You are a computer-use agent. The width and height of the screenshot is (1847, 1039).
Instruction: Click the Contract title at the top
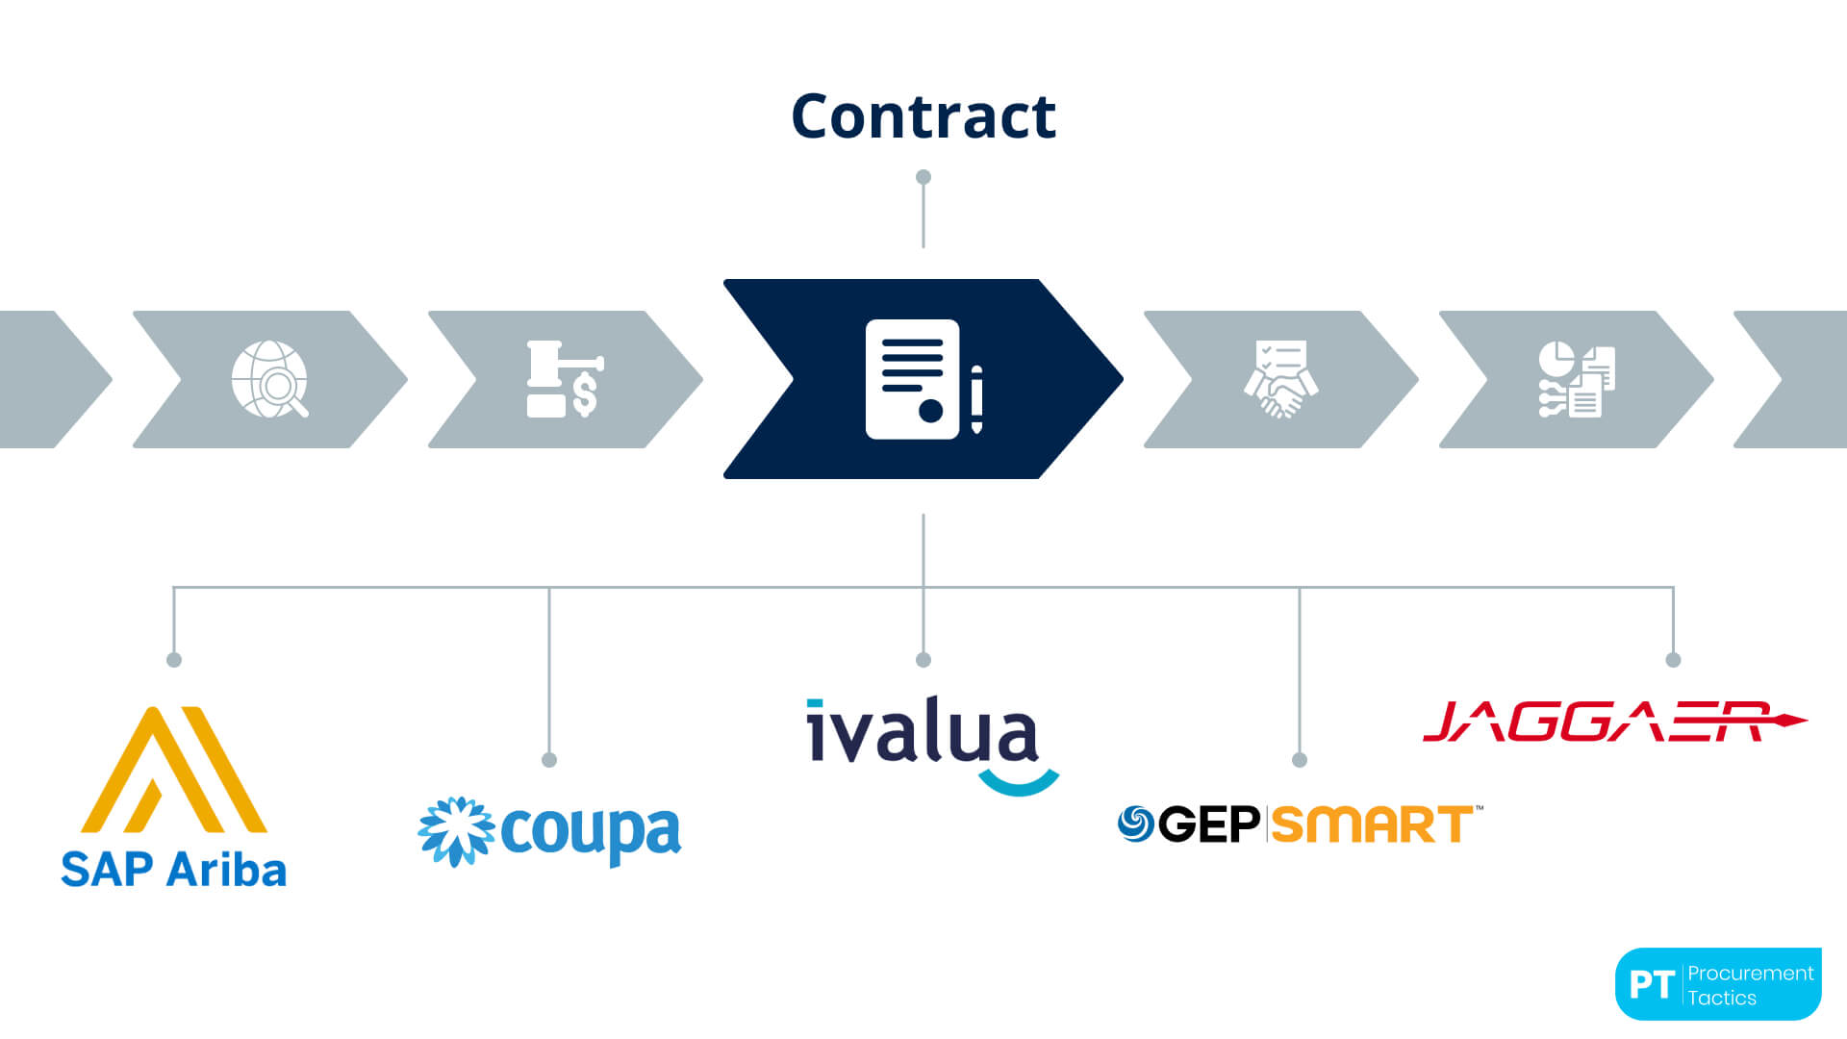coord(923,116)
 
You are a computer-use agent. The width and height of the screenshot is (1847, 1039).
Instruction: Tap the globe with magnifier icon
coord(270,379)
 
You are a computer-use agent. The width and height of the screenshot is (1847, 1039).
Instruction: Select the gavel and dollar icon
coord(565,379)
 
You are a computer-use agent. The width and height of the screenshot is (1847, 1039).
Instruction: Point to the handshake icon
coord(1280,380)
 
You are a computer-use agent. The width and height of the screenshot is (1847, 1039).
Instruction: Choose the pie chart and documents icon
coord(1576,380)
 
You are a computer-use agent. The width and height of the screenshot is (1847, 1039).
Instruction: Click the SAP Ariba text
coord(174,870)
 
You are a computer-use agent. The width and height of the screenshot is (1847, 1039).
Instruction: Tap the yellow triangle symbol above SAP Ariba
coord(174,770)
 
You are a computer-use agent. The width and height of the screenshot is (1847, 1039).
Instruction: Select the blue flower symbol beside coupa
coord(456,831)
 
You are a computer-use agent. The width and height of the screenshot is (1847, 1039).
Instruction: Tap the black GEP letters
coord(1209,824)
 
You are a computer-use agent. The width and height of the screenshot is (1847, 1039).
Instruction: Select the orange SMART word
coord(1373,825)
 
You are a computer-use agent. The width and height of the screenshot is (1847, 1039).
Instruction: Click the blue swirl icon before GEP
coord(1136,824)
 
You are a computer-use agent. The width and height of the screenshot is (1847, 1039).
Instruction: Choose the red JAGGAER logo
coord(1613,722)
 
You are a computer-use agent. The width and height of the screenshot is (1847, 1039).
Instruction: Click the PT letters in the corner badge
coord(1652,984)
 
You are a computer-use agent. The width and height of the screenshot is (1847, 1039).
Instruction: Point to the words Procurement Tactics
coord(1750,985)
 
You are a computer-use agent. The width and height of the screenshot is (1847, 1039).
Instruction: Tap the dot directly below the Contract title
coord(923,177)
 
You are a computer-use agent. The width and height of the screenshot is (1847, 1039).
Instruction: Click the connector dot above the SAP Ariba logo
coord(174,660)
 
